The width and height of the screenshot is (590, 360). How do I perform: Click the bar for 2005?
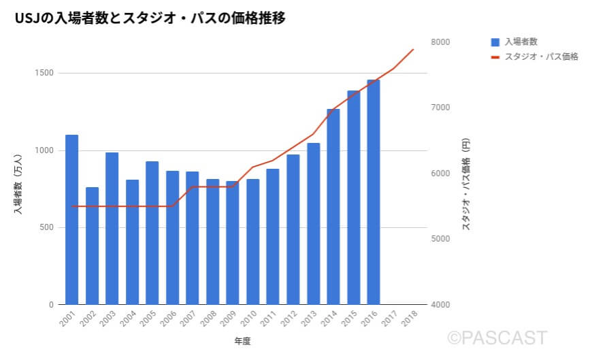coord(152,232)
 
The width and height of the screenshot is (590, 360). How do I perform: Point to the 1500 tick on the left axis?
coord(46,73)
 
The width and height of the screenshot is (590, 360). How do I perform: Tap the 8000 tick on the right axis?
coord(441,42)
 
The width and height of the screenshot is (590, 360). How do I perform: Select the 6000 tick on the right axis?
coord(441,174)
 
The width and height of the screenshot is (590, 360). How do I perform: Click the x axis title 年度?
coord(242,341)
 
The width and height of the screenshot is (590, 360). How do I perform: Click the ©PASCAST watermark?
coord(497,338)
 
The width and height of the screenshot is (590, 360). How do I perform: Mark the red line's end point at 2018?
coord(414,49)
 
